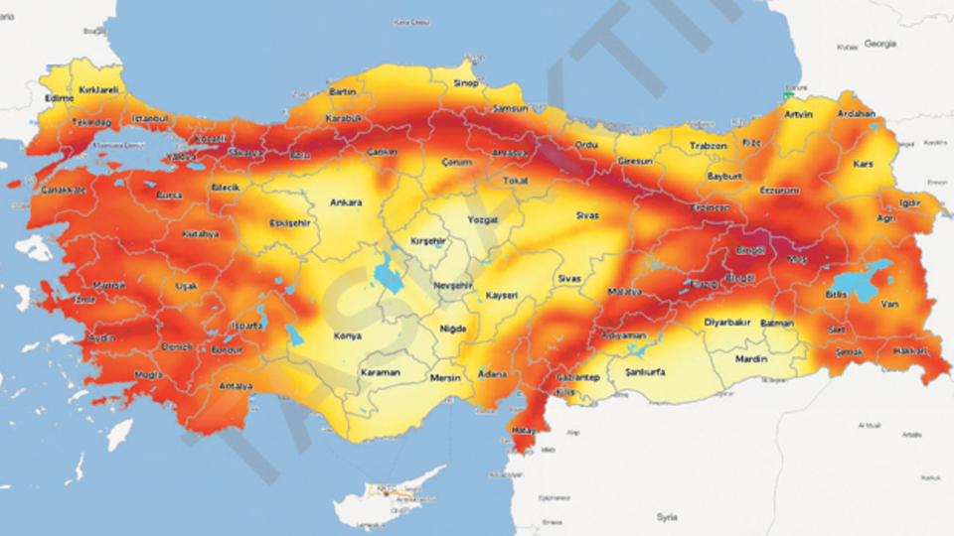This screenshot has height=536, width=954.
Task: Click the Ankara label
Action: tap(345, 202)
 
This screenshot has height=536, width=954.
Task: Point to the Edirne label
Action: tap(60, 98)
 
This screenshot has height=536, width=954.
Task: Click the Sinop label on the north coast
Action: tap(466, 83)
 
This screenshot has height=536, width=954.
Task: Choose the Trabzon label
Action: tap(709, 146)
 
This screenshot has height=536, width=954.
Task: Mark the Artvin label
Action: tap(798, 115)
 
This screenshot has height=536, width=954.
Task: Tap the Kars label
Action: tap(863, 163)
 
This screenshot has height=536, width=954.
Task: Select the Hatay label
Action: tap(523, 433)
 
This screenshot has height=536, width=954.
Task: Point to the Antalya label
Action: tap(236, 385)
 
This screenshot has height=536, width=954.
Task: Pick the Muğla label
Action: tap(149, 375)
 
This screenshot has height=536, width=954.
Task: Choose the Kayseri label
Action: tap(502, 297)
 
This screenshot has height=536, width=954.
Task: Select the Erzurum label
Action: tap(779, 190)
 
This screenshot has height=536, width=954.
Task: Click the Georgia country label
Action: tap(879, 44)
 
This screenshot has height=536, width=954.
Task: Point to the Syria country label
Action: tap(667, 517)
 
